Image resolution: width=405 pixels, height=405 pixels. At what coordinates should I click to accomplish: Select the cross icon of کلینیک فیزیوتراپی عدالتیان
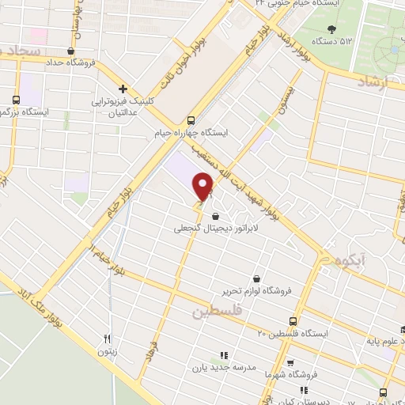122,89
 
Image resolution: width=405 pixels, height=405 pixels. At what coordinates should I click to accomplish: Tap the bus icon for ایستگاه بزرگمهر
17,100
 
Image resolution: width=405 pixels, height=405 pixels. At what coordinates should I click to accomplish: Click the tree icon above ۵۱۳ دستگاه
330,28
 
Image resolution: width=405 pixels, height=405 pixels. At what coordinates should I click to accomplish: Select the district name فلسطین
214,313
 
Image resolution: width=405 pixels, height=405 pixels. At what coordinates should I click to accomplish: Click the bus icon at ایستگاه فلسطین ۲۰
294,320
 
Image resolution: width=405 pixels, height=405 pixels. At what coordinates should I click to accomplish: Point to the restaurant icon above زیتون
107,339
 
